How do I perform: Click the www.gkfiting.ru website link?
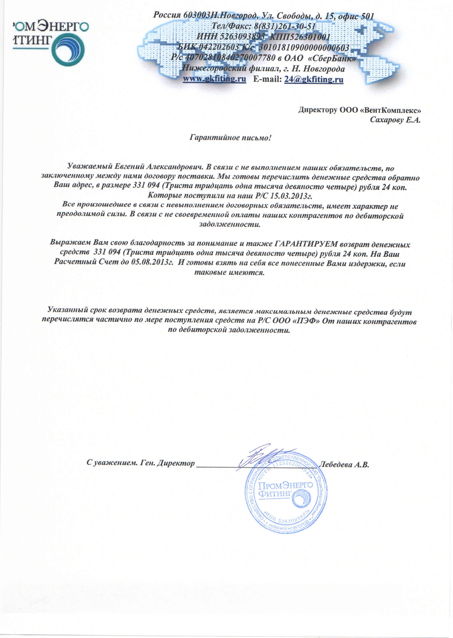[x=214, y=79]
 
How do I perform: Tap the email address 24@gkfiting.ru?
[x=314, y=79]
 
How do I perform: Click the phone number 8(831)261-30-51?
[x=285, y=26]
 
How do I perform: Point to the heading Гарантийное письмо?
[x=230, y=138]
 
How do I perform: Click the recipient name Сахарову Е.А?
[x=395, y=120]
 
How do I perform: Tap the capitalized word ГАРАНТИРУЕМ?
[x=306, y=244]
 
